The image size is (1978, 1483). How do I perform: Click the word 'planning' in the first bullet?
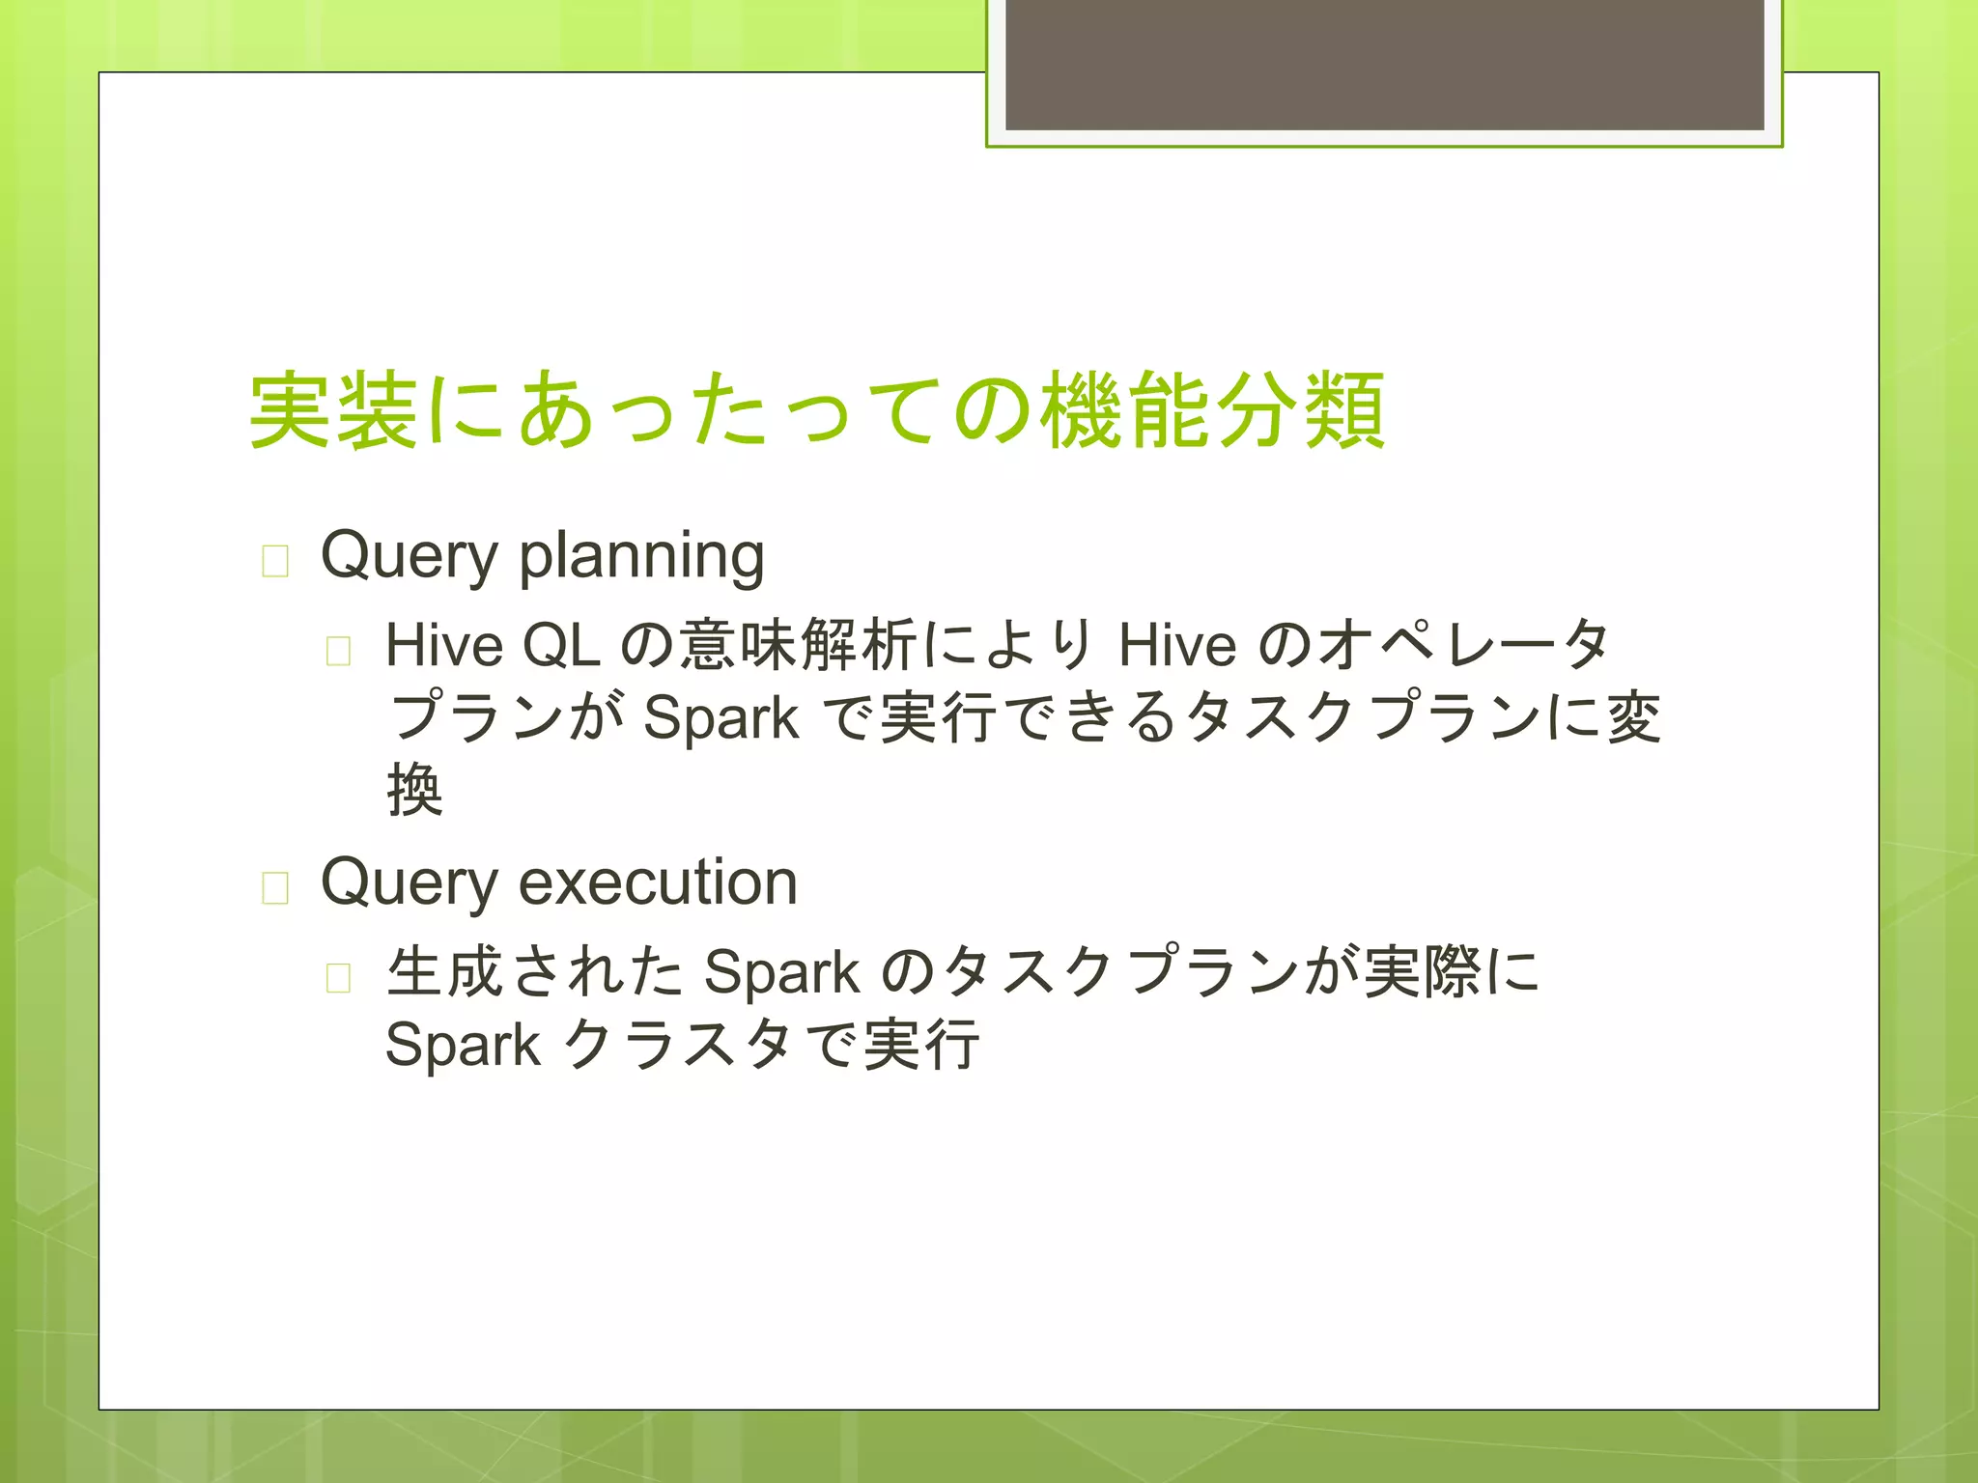(641, 557)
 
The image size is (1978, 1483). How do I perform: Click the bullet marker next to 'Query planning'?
(275, 561)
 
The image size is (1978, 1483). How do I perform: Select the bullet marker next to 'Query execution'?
(275, 887)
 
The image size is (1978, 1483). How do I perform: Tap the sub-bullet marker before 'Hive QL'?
(338, 651)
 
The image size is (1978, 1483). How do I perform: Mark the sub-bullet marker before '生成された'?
(338, 977)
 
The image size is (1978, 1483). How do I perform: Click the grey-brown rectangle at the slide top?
(1384, 66)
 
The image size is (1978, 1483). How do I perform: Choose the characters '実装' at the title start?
(333, 411)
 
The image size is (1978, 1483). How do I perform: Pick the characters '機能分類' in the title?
(1213, 411)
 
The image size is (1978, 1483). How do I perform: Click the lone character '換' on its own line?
(414, 789)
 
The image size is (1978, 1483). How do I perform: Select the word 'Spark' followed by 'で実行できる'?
(721, 718)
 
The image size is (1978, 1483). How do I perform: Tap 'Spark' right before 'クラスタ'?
(463, 1045)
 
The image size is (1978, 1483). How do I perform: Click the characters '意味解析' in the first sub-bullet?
(797, 645)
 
